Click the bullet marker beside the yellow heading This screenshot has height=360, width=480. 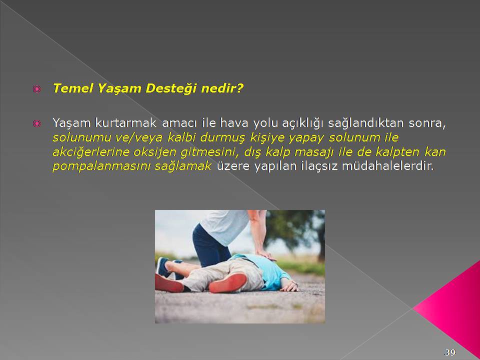pyautogui.click(x=36, y=89)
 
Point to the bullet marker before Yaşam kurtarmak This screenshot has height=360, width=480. pyautogui.click(x=36, y=123)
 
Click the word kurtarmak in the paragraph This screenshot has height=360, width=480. pyautogui.click(x=126, y=123)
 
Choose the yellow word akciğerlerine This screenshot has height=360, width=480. pyautogui.click(x=91, y=152)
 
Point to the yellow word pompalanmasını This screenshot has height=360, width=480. pyautogui.click(x=101, y=166)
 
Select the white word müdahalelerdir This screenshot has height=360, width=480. pyautogui.click(x=387, y=166)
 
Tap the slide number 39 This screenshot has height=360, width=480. pyautogui.click(x=449, y=352)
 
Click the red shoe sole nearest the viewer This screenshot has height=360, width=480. pyautogui.click(x=228, y=283)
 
